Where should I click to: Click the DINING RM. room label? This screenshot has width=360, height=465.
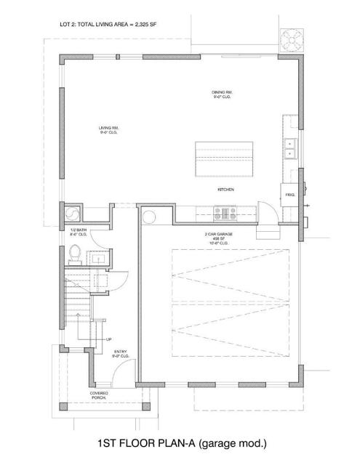(x=221, y=94)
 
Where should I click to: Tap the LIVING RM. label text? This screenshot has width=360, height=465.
(x=109, y=131)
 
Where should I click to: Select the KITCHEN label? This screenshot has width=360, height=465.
(x=225, y=190)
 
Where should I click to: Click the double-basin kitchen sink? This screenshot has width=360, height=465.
(x=289, y=148)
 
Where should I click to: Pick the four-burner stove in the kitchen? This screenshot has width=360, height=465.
(x=224, y=213)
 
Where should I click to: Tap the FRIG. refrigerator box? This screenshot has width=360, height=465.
(x=289, y=195)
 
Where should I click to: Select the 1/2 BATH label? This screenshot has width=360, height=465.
(x=79, y=232)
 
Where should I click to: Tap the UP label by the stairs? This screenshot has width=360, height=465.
(x=109, y=339)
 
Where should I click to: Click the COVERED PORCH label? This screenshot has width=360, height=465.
(x=100, y=396)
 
